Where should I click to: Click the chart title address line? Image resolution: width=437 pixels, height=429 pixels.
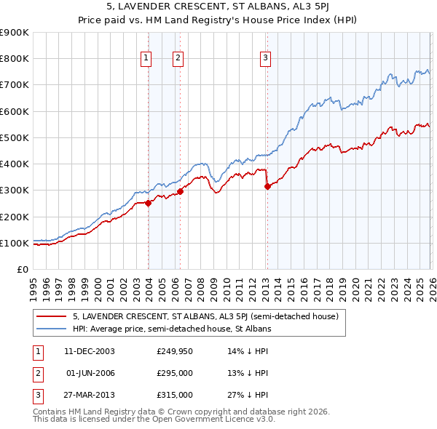219,7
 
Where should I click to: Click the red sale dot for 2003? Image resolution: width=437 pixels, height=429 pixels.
148,203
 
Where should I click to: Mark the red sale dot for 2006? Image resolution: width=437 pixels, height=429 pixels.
180,191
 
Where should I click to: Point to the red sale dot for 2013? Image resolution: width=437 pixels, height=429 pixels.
267,186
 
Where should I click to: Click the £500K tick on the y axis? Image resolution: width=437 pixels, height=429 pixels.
15,137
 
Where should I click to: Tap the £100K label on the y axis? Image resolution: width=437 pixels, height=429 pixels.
15,243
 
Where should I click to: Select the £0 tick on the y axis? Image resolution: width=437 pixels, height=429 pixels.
21,269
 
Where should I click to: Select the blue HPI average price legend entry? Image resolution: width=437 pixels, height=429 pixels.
172,329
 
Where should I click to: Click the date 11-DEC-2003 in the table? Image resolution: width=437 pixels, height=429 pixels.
89,350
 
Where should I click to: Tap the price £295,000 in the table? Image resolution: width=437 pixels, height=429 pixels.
175,372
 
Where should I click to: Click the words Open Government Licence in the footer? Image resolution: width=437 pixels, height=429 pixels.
212,419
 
